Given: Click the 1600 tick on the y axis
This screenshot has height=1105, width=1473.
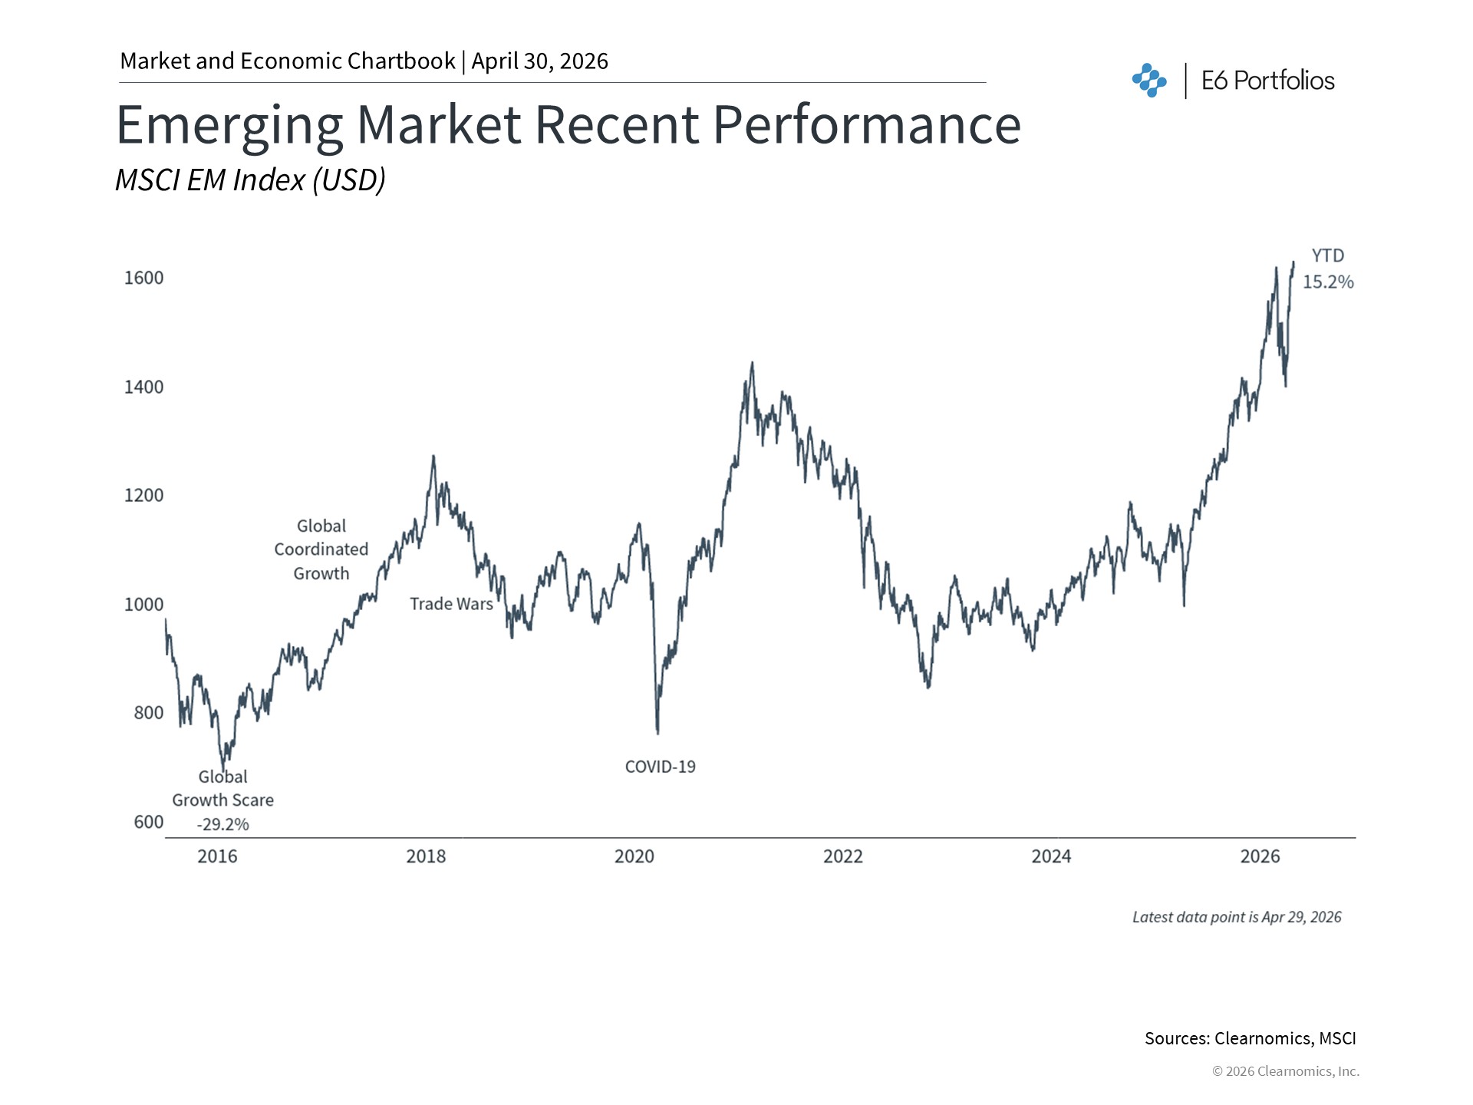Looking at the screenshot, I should pyautogui.click(x=143, y=278).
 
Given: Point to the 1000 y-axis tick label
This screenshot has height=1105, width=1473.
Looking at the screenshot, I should pyautogui.click(x=143, y=605).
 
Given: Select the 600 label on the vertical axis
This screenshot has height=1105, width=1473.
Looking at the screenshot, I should pyautogui.click(x=148, y=822).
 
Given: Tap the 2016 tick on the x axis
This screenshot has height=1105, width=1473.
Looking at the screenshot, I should pyautogui.click(x=217, y=856).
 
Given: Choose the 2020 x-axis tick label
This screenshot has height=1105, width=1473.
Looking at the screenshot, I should pyautogui.click(x=634, y=856).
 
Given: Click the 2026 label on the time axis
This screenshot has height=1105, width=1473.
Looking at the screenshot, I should pyautogui.click(x=1260, y=856).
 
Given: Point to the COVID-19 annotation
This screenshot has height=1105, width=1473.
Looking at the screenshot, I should pyautogui.click(x=660, y=767).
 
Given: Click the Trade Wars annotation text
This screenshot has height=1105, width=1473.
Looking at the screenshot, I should pyautogui.click(x=451, y=604).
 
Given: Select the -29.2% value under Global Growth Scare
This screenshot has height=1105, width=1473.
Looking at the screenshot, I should pyautogui.click(x=222, y=825).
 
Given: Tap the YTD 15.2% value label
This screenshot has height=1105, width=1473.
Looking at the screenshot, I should pyautogui.click(x=1328, y=282).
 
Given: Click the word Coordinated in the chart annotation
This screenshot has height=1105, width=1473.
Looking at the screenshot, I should pyautogui.click(x=321, y=549).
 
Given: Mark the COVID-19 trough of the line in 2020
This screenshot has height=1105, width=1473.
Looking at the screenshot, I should pyautogui.click(x=657, y=733).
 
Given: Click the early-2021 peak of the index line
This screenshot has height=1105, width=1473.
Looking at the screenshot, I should pyautogui.click(x=752, y=363).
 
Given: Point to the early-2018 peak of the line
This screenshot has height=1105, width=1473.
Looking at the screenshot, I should pyautogui.click(x=433, y=457).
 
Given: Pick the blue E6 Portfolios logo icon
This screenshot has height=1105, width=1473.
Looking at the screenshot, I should pyautogui.click(x=1148, y=81).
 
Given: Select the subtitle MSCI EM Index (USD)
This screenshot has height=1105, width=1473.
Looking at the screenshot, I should pyautogui.click(x=250, y=180).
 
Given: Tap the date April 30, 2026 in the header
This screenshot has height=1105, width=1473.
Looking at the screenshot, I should pyautogui.click(x=539, y=61).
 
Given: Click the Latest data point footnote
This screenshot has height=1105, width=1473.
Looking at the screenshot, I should pyautogui.click(x=1237, y=917).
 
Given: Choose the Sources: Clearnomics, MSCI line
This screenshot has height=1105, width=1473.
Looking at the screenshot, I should pyautogui.click(x=1250, y=1038).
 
